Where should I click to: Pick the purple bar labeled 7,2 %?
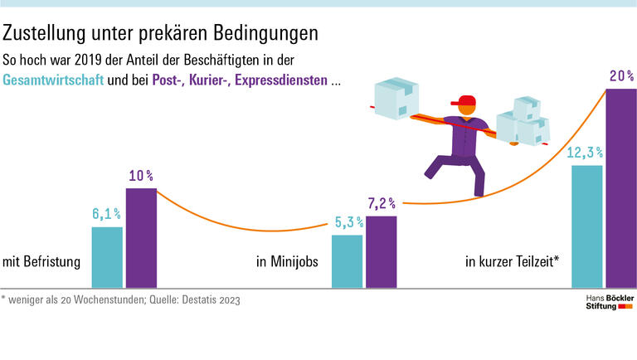pyautogui.click(x=381, y=252)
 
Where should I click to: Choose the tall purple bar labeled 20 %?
pyautogui.click(x=621, y=188)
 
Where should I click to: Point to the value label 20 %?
pyautogui.click(x=621, y=76)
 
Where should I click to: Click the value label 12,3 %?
pyautogui.click(x=586, y=153)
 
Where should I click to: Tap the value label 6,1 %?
pyautogui.click(x=107, y=214)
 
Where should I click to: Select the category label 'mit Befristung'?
pyautogui.click(x=41, y=262)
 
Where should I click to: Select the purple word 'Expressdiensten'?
pyautogui.click(x=280, y=82)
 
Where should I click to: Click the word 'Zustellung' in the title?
pyautogui.click(x=43, y=34)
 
